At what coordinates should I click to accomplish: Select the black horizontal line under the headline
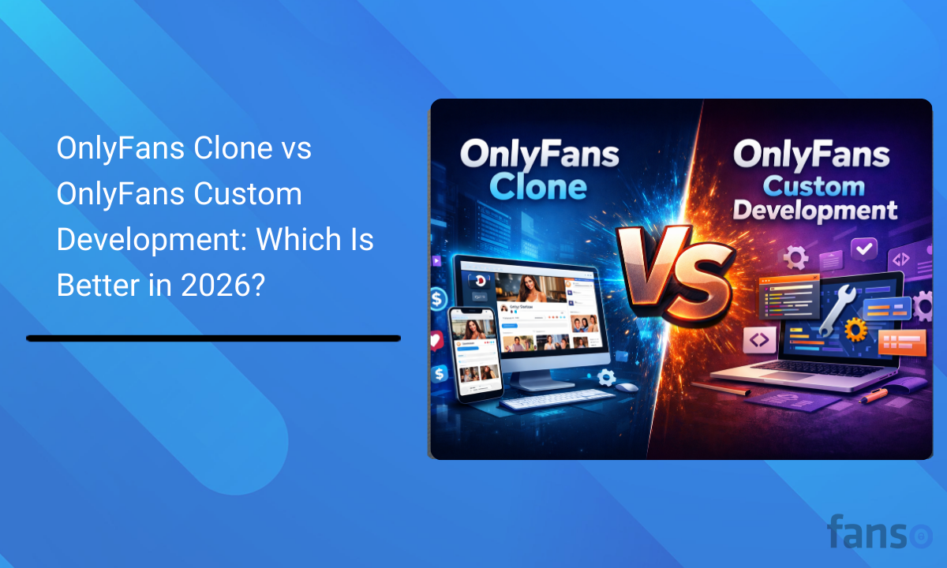(x=213, y=338)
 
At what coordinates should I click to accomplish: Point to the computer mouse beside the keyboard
(x=627, y=387)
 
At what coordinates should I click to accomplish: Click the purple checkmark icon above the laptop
(x=865, y=250)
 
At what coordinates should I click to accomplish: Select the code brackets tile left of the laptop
(x=760, y=339)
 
